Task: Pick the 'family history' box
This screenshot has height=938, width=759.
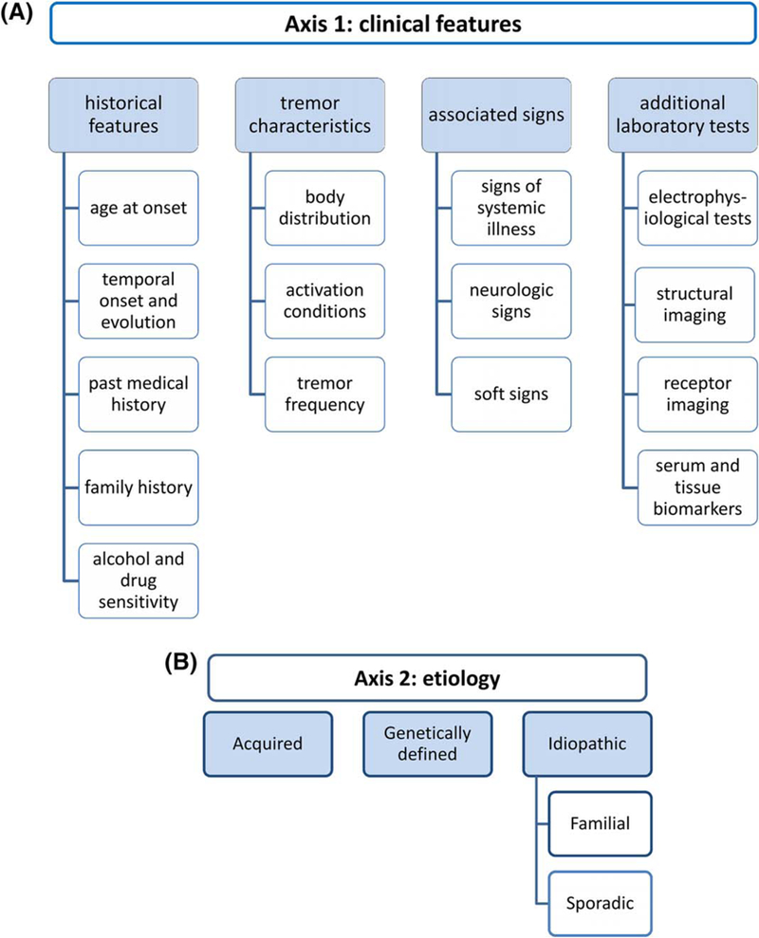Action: [139, 488]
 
